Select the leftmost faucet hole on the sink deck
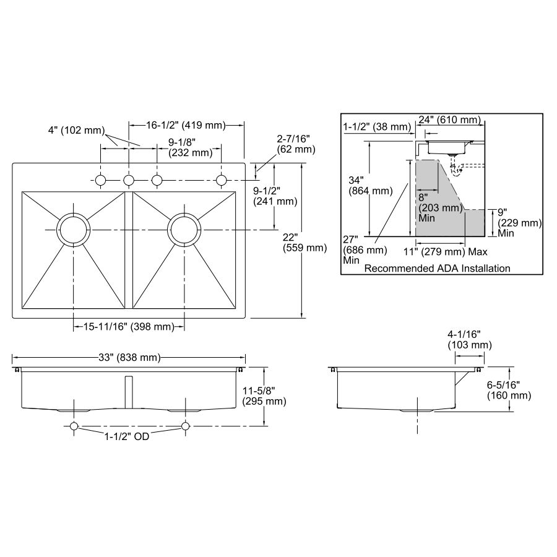(x=100, y=181)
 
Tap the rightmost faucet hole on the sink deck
(x=222, y=181)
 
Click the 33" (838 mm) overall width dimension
(x=129, y=357)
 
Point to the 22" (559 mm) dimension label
(x=304, y=242)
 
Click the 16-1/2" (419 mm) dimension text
(x=186, y=125)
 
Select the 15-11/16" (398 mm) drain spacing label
(x=129, y=326)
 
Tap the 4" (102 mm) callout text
(x=76, y=131)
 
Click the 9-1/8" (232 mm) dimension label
(x=191, y=147)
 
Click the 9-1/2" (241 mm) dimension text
(x=275, y=196)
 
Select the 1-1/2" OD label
(x=126, y=436)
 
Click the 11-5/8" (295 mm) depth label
(x=264, y=396)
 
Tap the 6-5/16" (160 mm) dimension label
(x=509, y=390)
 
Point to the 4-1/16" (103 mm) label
(x=470, y=340)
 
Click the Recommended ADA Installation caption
(x=438, y=268)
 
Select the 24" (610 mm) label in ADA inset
(x=449, y=119)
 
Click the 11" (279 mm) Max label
(x=446, y=252)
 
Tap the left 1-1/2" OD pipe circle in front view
(x=74, y=426)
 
